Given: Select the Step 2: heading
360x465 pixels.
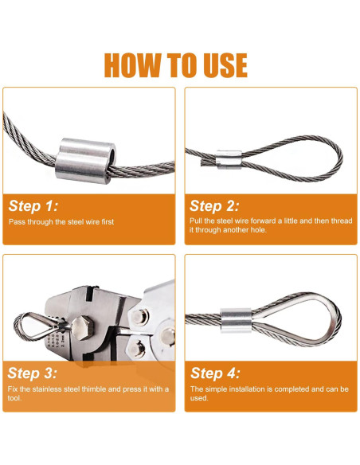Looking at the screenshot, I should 216,205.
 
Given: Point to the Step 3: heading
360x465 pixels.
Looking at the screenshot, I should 33,372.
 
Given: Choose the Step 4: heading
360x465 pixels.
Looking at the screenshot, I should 217,372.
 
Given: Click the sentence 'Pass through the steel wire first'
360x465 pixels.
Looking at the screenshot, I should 61,221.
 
